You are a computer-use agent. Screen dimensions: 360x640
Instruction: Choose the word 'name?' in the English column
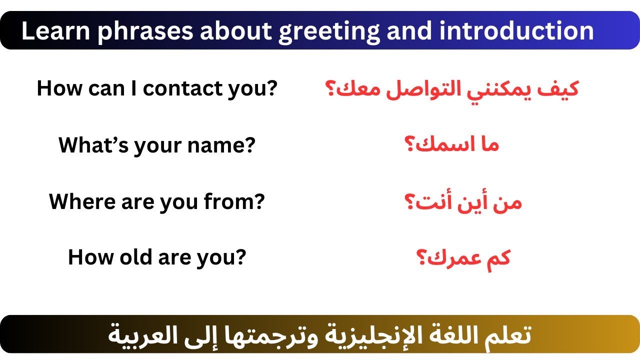[223, 145]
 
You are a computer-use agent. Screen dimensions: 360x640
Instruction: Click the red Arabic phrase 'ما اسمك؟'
[451, 145]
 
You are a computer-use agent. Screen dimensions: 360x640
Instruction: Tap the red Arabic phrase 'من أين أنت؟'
[463, 202]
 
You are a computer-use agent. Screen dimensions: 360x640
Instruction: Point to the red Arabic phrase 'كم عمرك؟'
[463, 258]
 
